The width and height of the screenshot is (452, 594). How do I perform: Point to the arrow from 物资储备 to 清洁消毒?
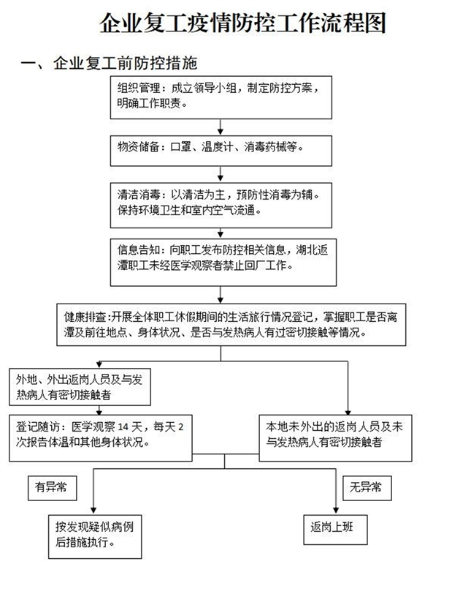pyautogui.click(x=220, y=174)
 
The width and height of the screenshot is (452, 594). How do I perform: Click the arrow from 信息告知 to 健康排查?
pyautogui.click(x=220, y=293)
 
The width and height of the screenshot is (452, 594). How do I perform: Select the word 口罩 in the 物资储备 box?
pyautogui.click(x=180, y=147)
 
